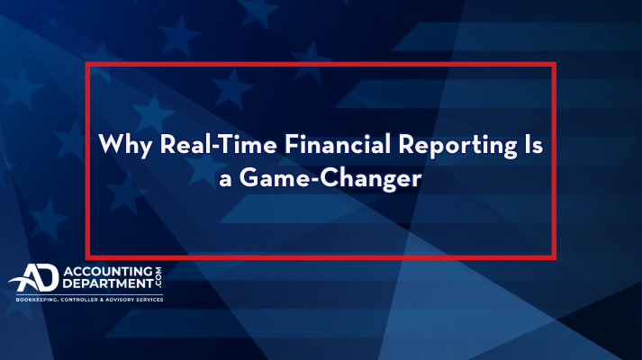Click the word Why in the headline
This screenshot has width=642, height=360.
click(125, 145)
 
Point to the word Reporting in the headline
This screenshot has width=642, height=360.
click(457, 146)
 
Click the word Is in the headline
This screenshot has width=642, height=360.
click(534, 144)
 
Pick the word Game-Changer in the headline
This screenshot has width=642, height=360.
click(330, 178)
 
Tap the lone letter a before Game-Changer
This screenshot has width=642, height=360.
click(225, 180)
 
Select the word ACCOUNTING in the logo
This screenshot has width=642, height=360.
click(108, 272)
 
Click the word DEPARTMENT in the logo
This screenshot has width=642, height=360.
click(108, 283)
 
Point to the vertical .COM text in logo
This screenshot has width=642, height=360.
click(158, 277)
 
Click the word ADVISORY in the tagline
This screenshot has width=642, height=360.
click(119, 300)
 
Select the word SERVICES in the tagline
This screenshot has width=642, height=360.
click(149, 300)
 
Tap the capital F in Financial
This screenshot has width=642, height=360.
click(293, 144)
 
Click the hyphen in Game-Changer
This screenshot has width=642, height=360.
click(314, 180)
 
